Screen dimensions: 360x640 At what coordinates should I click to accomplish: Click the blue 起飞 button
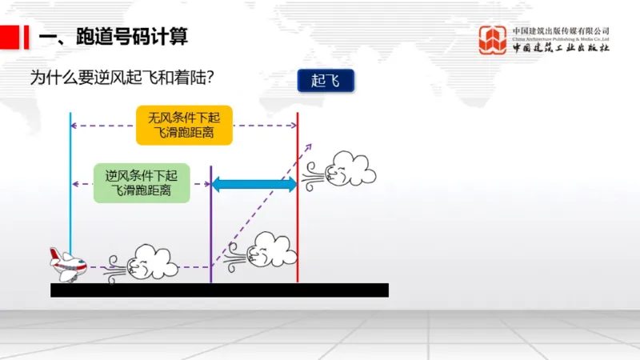326,81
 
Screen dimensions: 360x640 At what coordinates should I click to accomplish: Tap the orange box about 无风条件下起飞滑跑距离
185,125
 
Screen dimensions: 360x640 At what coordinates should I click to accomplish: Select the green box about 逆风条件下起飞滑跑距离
142,182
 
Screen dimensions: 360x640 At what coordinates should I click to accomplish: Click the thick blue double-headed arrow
254,184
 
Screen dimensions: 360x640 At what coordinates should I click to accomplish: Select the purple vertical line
210,232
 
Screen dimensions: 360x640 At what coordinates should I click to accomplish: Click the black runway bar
219,290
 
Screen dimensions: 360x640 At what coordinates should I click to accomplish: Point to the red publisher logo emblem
493,39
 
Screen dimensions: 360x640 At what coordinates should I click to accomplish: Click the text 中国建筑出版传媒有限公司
561,30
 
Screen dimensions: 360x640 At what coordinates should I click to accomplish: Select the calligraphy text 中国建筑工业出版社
561,48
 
